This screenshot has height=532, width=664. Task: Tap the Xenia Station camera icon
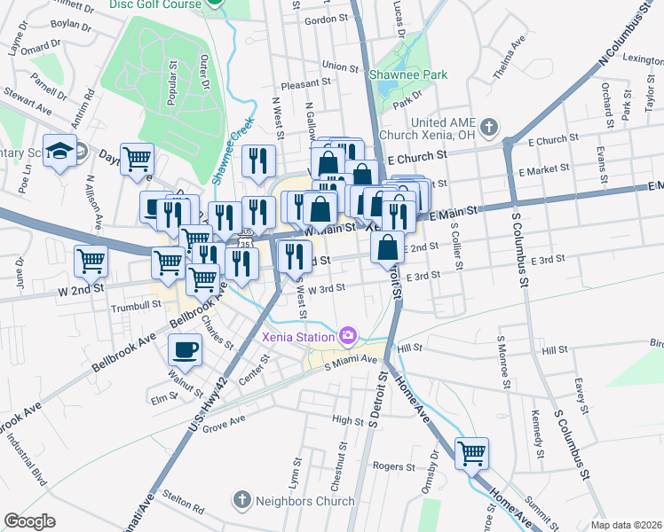[349, 335]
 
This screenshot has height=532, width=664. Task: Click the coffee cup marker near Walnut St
[185, 349]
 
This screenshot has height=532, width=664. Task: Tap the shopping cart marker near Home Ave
[471, 452]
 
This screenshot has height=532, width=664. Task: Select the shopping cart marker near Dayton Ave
[137, 159]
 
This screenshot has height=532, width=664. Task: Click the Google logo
[29, 521]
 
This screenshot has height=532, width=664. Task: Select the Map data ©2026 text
[627, 525]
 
